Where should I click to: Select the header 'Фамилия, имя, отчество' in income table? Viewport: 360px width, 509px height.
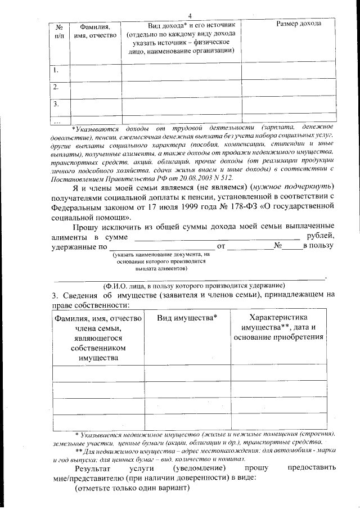99,31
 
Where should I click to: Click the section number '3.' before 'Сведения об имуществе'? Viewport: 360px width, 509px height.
56,295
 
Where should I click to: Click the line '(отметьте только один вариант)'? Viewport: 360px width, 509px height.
133,488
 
